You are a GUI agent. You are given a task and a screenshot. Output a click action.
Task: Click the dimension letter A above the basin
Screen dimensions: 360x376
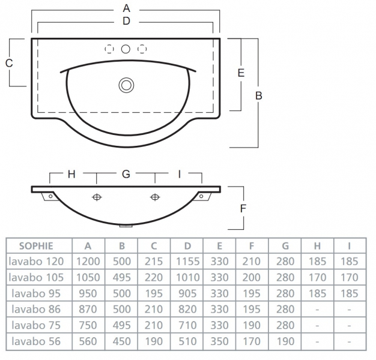click(x=126, y=8)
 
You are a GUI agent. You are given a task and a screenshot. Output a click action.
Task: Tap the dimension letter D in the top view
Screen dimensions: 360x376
click(x=126, y=20)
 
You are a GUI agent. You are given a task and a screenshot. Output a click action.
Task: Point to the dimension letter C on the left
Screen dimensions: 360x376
click(x=9, y=63)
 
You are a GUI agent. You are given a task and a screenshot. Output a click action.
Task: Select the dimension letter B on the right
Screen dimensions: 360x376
click(x=258, y=95)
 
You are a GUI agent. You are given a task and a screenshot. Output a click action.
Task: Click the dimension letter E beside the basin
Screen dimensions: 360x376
click(x=240, y=73)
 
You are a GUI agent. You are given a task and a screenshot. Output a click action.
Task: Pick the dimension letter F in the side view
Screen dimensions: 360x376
click(x=243, y=208)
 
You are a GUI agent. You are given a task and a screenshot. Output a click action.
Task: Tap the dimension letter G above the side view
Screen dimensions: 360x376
click(x=126, y=174)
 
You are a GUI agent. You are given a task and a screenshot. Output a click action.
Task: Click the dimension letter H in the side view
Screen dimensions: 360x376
click(x=71, y=174)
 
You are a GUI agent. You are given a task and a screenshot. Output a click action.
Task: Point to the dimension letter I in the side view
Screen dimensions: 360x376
click(x=179, y=174)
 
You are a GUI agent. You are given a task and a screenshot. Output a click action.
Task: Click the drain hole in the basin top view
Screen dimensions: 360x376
click(x=126, y=85)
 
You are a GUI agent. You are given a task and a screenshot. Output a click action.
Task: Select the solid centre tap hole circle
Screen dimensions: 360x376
click(x=126, y=49)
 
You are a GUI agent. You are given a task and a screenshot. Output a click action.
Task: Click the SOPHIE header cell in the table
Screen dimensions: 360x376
click(x=36, y=245)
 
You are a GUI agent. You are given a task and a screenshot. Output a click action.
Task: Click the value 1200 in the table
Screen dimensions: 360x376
click(x=88, y=262)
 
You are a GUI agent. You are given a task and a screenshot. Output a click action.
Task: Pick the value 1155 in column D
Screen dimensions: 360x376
click(x=187, y=262)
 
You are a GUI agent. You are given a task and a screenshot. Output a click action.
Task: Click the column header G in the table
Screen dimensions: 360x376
click(x=285, y=245)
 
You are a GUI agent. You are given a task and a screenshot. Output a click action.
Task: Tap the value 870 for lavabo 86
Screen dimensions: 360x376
click(x=88, y=310)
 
